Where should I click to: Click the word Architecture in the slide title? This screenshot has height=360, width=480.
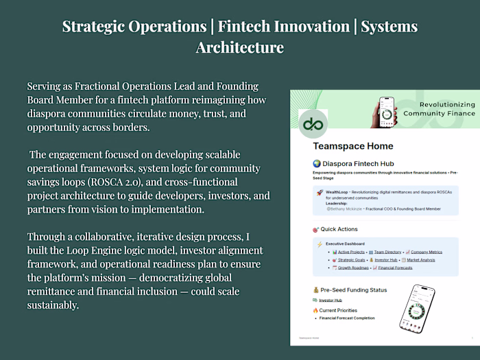pos(240,47)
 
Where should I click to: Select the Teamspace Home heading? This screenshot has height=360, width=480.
pos(353,146)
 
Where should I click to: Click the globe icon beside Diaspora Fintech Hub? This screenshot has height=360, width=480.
pos(317,163)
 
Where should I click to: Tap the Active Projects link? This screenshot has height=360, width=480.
pos(351,251)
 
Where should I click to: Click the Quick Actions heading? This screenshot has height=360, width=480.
pos(339,229)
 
